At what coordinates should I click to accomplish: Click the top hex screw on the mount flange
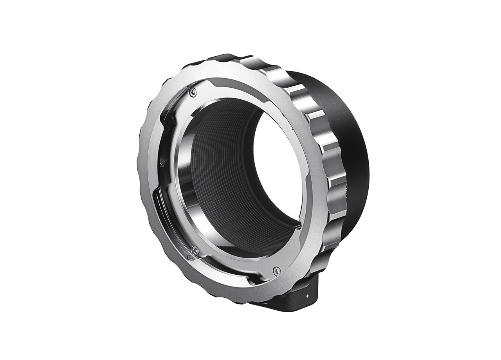[x=193, y=92]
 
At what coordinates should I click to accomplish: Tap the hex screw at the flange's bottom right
[x=277, y=270]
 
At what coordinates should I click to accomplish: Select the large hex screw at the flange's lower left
[x=195, y=250]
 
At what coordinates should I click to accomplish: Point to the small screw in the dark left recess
[x=162, y=160]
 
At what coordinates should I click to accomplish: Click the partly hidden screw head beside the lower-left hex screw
[x=190, y=257]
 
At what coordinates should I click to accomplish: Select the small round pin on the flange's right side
[x=289, y=127]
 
